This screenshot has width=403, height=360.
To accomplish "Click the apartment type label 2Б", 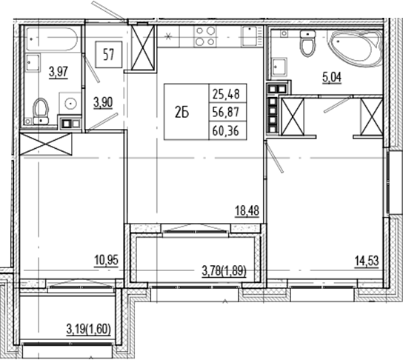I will pyautogui.click(x=182, y=112).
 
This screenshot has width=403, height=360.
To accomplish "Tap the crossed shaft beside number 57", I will pyautogui.click(x=141, y=50).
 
